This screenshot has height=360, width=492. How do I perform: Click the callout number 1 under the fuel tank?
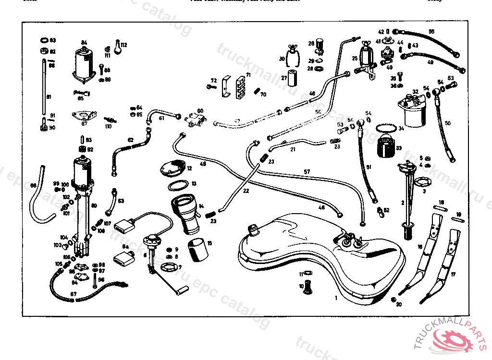pos(336,298)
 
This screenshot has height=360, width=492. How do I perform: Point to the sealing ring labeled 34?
pos(386,129)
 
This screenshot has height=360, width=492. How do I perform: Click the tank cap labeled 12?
pos(172,168)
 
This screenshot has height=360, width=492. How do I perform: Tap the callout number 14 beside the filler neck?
pos(201,205)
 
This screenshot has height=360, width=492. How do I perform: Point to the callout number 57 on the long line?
pos(307,171)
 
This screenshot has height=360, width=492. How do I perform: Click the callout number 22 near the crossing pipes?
pos(246,191)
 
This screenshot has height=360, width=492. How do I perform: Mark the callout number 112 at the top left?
pos(124,45)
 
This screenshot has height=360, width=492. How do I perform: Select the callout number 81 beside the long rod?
pos(48,96)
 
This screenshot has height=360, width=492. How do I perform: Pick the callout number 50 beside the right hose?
pos(448,123)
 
